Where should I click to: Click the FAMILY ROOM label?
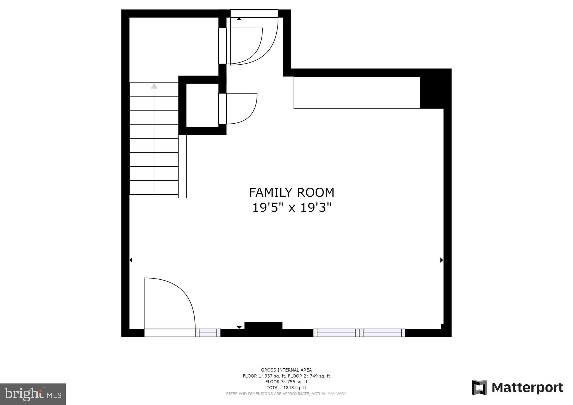292,192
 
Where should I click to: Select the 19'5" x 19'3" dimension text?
292,208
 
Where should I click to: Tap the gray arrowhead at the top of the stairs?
154,86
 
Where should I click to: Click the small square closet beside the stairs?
202,105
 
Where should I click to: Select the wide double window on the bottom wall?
359,333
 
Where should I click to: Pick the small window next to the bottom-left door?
208,333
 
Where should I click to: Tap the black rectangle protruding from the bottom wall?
263,326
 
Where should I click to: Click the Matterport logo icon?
479,387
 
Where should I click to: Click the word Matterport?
527,388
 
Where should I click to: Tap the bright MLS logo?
33,394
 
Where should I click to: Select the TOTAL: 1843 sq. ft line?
286,388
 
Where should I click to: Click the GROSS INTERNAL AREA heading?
286,370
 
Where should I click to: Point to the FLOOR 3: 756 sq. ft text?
286,382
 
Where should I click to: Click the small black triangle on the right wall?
442,260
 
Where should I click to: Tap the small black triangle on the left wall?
131,260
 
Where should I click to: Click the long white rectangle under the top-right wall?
357,92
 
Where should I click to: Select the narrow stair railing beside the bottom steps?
182,167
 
